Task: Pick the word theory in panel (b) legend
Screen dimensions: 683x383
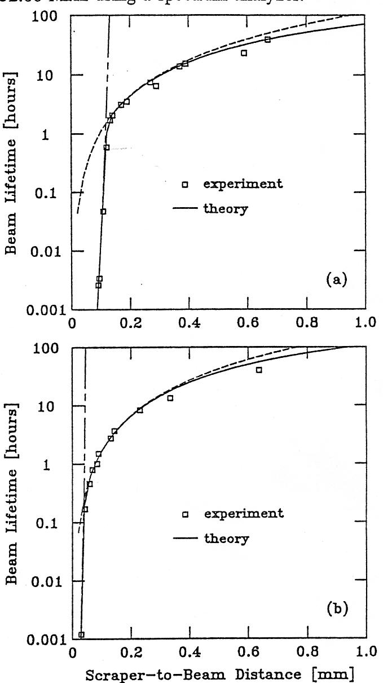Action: click(226, 538)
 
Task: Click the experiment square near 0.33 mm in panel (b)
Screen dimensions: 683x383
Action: click(170, 398)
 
